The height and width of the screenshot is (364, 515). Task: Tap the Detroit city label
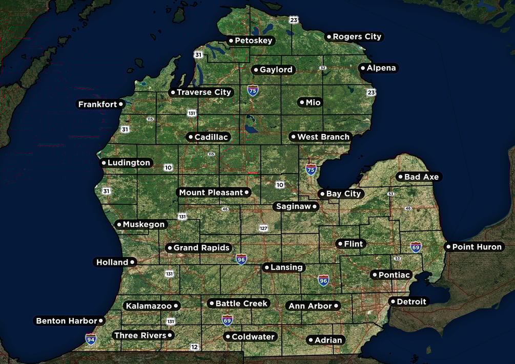411,302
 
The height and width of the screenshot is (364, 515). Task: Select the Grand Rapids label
201,248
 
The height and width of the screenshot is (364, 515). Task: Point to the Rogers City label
357,37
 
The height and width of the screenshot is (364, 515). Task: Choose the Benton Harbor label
66,321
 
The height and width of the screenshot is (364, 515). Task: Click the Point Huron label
477,247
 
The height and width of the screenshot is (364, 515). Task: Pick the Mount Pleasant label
211,192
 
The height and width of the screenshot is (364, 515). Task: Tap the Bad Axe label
421,177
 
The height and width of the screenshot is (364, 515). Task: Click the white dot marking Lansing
266,267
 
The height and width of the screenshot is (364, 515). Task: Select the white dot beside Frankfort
121,104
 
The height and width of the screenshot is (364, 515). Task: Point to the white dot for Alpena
362,68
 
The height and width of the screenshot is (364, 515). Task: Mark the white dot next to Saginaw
315,207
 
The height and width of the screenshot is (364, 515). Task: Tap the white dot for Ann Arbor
336,306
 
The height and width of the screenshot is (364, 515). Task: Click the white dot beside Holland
132,262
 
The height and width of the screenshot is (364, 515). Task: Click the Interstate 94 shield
91,339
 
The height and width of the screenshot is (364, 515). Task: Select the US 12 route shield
194,347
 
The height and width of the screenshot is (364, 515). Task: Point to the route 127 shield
264,228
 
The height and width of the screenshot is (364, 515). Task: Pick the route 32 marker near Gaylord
322,68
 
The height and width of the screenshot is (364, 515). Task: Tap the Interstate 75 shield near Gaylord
253,91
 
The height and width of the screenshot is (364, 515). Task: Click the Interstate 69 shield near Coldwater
227,320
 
